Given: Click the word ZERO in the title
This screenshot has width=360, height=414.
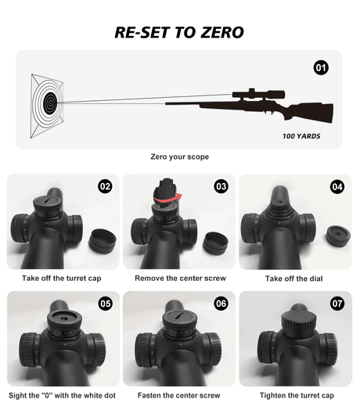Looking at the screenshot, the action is (x=222, y=32).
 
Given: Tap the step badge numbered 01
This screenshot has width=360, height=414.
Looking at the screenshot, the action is (x=321, y=68).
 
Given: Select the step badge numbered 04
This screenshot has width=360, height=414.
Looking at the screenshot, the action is (x=337, y=187).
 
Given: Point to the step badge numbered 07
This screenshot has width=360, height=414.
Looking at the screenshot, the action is (x=337, y=304).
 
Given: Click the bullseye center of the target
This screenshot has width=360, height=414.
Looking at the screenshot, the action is (x=50, y=103).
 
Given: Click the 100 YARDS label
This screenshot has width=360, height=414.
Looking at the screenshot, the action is (x=301, y=136).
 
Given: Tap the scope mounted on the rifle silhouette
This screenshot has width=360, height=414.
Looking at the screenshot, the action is (x=258, y=94).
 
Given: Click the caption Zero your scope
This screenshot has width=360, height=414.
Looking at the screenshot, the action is (x=179, y=157).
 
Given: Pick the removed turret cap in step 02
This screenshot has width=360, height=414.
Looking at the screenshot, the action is (x=103, y=241).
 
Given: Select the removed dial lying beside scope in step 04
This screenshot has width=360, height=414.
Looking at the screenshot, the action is (x=338, y=236).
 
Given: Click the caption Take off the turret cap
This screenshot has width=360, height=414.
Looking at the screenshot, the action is (x=62, y=279).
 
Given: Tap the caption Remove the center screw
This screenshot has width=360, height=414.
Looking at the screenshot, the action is (x=181, y=279).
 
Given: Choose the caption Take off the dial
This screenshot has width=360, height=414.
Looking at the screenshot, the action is (x=294, y=279).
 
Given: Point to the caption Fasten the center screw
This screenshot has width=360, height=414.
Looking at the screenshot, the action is (x=178, y=395).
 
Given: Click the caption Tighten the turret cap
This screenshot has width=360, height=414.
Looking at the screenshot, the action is (x=297, y=395).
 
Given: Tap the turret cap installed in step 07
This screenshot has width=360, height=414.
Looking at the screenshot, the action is (x=299, y=324).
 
